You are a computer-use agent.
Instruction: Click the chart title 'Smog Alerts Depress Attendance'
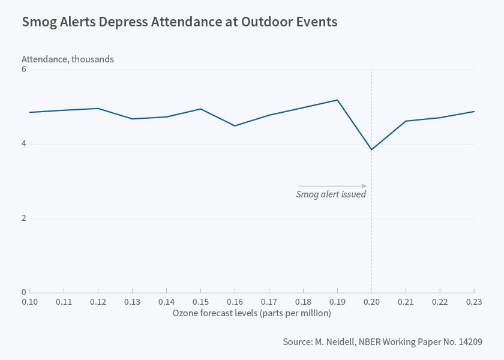coord(179,22)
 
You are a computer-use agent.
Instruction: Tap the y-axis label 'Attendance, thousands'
coord(68,59)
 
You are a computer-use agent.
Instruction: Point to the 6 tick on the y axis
coord(24,70)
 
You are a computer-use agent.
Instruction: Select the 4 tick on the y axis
coord(24,144)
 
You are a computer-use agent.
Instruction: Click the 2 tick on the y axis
coord(24,218)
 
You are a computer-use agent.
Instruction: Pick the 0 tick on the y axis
coord(24,292)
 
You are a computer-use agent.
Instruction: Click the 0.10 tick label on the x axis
coord(30,302)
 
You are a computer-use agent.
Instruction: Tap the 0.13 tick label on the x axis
coord(132,302)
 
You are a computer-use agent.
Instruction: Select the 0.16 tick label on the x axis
coord(235,302)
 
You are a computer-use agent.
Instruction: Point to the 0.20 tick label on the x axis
coord(371,302)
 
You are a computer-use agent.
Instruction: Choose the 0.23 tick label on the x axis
coord(473,302)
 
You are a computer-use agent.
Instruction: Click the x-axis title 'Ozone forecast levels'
coord(251,313)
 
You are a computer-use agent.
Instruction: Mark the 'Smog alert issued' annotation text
coord(331,194)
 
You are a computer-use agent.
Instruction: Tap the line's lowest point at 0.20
coord(371,149)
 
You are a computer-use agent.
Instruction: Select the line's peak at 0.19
coord(337,100)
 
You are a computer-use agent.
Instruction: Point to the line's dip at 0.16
coord(235,125)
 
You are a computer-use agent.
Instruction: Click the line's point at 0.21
coord(406,121)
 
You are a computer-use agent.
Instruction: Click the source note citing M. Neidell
coord(383,341)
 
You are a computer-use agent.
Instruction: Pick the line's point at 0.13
coord(132,119)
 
